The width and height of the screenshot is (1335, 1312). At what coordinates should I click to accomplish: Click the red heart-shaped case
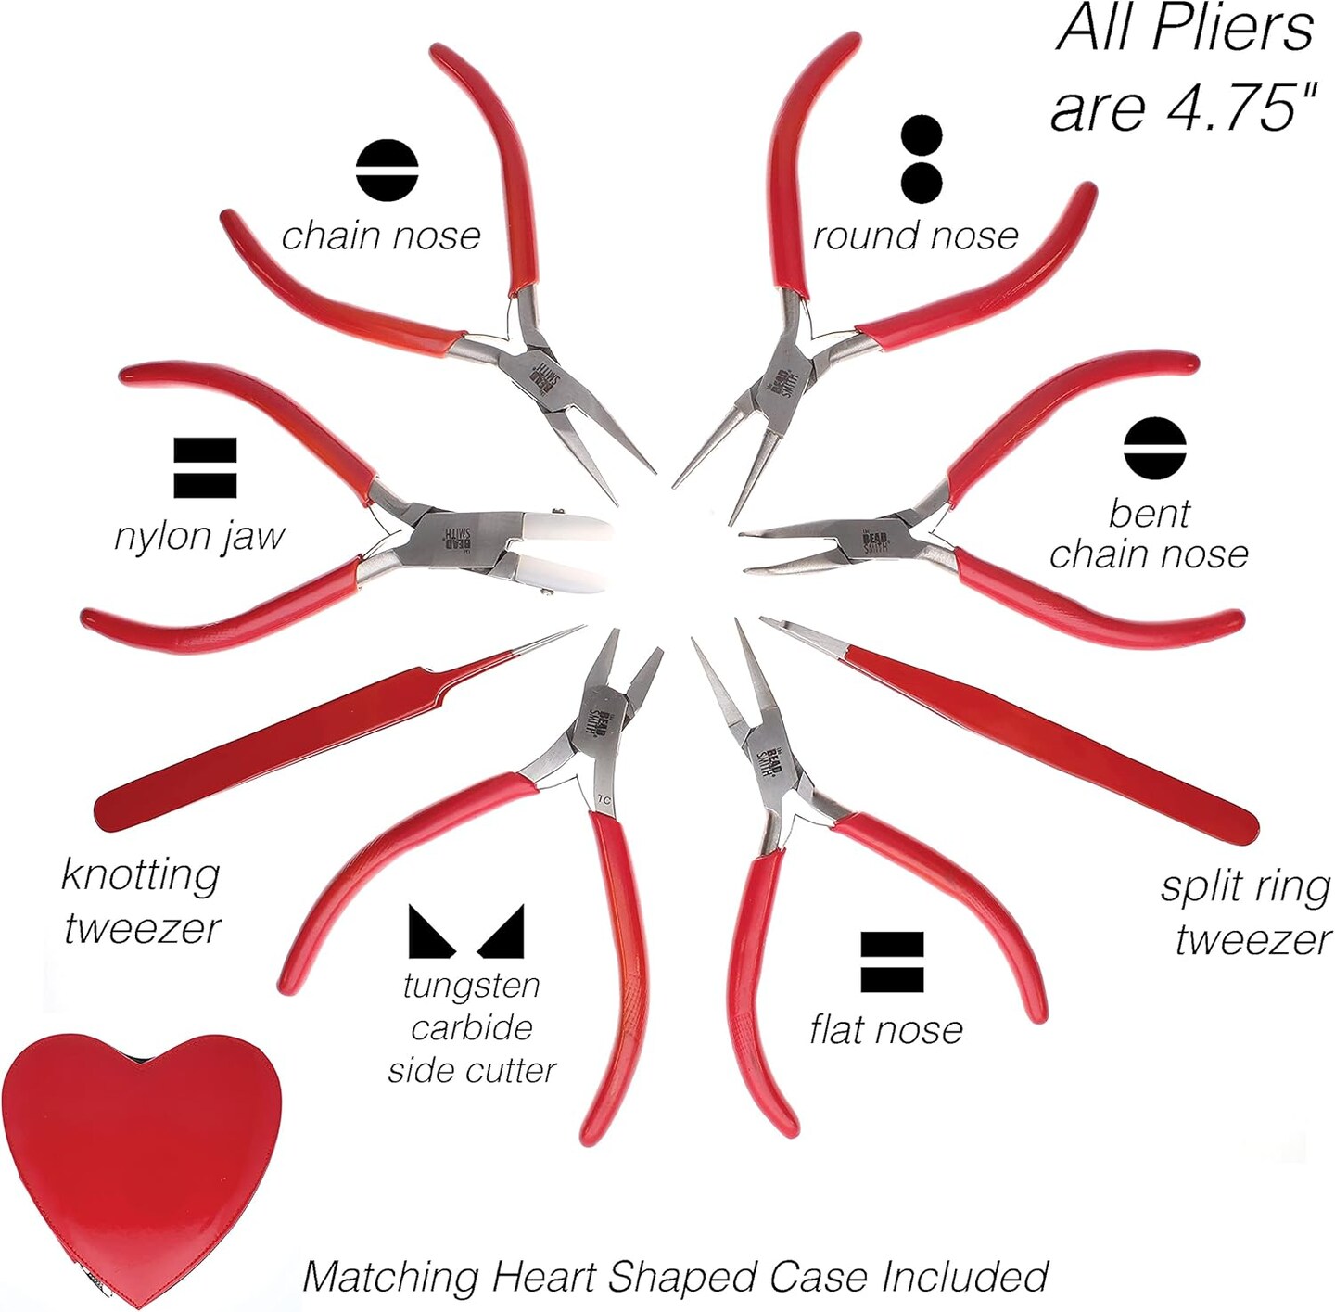(x=139, y=1159)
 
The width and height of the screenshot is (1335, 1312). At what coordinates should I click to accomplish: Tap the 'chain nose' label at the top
(x=381, y=236)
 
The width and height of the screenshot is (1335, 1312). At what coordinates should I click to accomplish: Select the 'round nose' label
(x=915, y=236)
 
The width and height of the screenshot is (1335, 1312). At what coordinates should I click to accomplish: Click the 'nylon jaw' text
(x=199, y=536)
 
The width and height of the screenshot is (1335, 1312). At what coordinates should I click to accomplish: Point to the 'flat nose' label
(x=886, y=1029)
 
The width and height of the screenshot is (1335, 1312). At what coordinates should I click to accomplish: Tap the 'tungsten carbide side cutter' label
(x=471, y=1027)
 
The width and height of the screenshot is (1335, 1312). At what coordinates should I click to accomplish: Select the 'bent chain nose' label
(x=1149, y=534)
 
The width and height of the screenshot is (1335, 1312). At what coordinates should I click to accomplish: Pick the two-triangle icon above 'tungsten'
(x=466, y=931)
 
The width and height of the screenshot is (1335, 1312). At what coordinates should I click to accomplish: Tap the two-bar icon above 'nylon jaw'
(x=205, y=468)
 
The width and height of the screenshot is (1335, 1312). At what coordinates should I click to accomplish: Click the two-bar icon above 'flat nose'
(x=892, y=962)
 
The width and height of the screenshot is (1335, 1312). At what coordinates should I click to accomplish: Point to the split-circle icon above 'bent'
(x=1155, y=449)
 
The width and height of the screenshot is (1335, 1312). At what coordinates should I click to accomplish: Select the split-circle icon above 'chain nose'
(x=388, y=171)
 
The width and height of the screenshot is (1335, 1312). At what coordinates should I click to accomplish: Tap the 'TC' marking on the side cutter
(x=604, y=798)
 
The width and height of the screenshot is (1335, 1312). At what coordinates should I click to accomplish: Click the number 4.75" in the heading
(x=1241, y=108)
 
